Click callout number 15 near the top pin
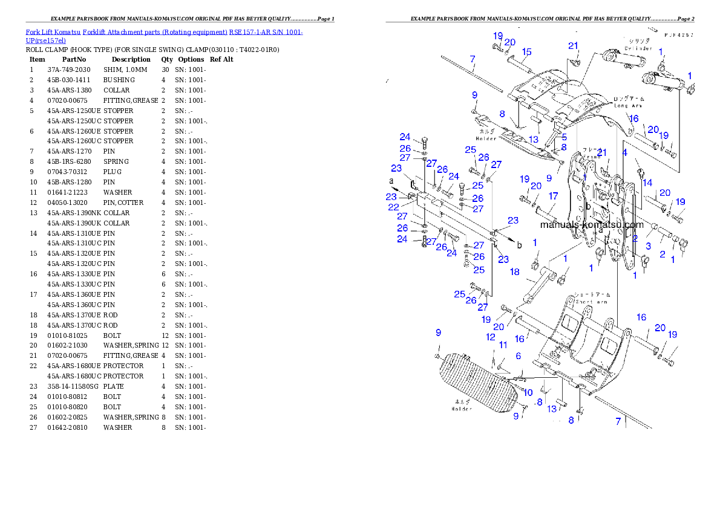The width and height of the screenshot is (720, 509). (526, 52)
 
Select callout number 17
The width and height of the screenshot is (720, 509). (553, 196)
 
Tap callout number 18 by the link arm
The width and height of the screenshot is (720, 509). (514, 272)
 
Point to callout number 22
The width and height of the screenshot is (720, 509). (394, 207)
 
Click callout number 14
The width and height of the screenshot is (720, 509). (647, 183)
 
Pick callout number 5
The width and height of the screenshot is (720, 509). (564, 137)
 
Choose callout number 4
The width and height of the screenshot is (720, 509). (625, 153)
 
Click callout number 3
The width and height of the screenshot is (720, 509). (648, 246)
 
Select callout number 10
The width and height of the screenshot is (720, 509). (528, 392)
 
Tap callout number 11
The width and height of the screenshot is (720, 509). (503, 345)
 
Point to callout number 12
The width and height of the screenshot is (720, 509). (491, 337)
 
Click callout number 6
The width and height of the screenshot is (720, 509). (518, 357)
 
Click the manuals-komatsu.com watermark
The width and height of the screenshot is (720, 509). (591, 224)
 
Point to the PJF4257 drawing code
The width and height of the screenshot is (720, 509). (678, 36)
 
